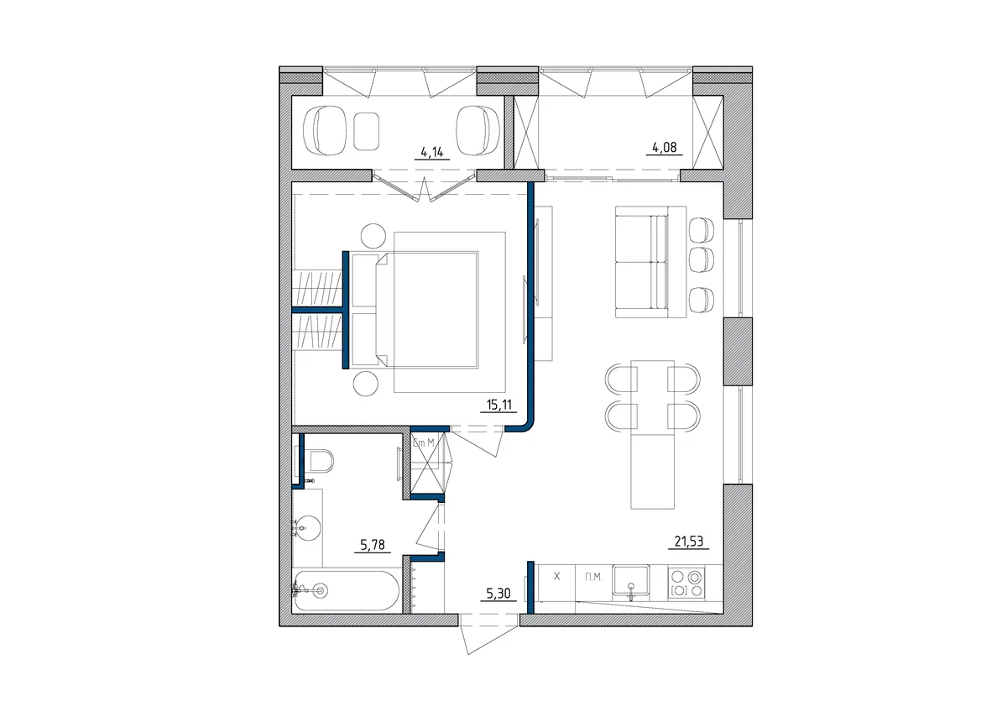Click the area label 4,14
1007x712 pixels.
point(432,153)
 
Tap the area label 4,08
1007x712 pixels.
point(664,148)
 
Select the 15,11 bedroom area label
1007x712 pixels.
point(499,406)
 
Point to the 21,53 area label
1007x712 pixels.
point(689,542)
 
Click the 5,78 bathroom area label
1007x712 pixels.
point(373,545)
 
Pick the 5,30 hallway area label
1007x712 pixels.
point(498,594)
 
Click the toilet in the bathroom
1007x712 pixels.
point(320,461)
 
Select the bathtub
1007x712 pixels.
point(346,590)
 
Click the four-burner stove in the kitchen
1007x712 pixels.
point(686,583)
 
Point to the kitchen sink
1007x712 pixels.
point(631,581)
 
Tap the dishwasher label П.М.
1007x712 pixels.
point(593,577)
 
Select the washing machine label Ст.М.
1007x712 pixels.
point(424,442)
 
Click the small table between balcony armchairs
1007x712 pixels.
point(366,131)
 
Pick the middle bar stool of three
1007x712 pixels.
point(701,259)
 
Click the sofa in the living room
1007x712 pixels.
point(650,262)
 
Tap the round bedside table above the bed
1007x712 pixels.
point(373,236)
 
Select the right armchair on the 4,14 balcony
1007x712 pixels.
point(477,131)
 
